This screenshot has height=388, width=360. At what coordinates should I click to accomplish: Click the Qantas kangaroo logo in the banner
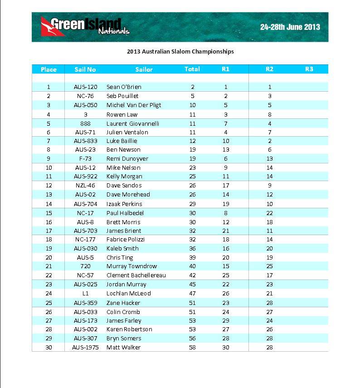click(46, 26)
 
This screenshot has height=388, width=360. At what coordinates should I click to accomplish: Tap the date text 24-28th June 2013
click(290, 27)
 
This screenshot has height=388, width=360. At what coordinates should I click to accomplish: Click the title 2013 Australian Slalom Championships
click(180, 51)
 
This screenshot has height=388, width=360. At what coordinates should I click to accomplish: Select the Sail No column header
click(85, 69)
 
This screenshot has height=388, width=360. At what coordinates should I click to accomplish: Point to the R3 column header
click(309, 69)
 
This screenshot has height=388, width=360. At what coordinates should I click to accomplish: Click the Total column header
click(192, 69)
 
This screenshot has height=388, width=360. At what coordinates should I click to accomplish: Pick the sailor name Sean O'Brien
click(124, 87)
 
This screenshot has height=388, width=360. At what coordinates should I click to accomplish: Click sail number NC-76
click(85, 96)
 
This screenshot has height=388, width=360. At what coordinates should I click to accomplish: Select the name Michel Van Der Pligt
click(134, 105)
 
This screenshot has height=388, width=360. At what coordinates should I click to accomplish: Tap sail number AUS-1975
click(85, 347)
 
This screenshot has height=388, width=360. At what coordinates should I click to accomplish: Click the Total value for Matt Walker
click(192, 347)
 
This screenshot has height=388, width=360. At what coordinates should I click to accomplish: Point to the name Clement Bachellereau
click(136, 275)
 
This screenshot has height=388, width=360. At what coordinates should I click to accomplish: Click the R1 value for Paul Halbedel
click(225, 213)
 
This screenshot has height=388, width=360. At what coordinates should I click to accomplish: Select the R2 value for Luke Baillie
click(269, 141)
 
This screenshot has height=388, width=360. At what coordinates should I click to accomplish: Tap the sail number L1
click(85, 293)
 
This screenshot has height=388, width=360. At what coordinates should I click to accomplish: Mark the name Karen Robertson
click(129, 329)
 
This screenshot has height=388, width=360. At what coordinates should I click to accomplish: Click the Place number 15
click(49, 213)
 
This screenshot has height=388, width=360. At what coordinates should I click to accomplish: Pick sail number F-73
click(85, 158)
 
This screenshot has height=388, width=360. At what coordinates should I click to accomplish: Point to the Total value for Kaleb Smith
click(192, 248)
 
